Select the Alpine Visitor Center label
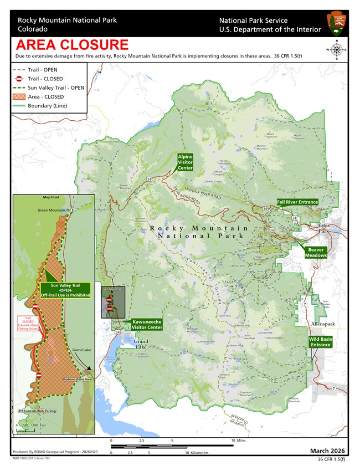tap(185, 162)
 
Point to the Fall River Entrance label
tap(297, 202)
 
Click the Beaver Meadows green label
tap(316, 253)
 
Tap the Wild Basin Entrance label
tap(320, 342)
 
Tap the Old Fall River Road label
tap(203, 193)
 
